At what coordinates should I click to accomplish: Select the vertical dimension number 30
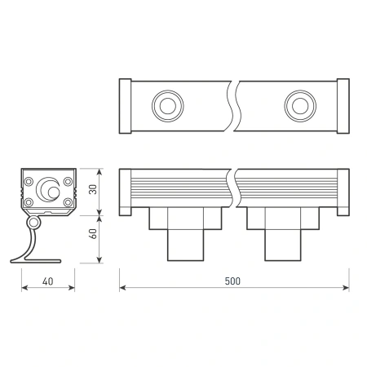(x=92, y=190)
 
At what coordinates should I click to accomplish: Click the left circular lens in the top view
(x=167, y=104)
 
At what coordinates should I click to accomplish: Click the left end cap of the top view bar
(x=125, y=104)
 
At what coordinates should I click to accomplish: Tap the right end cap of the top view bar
(x=343, y=104)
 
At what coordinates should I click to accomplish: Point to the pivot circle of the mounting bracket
(x=34, y=223)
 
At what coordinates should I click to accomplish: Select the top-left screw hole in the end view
(x=29, y=180)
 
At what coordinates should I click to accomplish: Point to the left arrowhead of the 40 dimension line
(x=22, y=288)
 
